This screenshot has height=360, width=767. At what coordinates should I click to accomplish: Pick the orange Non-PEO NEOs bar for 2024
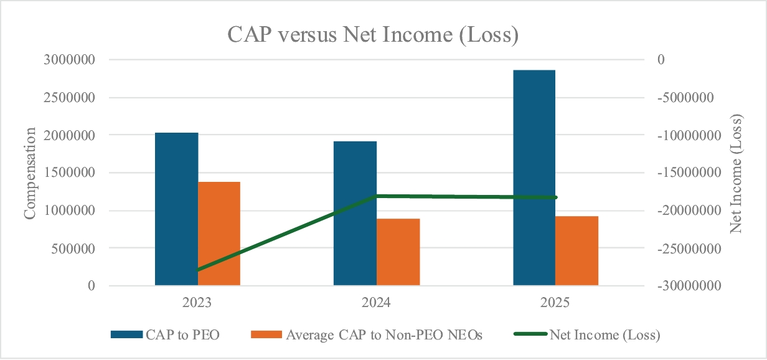click(398, 252)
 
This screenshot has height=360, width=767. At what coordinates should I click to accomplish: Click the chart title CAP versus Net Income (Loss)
click(373, 35)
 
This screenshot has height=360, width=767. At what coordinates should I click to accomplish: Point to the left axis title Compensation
click(29, 173)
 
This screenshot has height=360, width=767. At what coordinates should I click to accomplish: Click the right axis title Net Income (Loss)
click(736, 173)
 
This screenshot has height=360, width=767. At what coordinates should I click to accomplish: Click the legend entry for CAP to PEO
click(165, 335)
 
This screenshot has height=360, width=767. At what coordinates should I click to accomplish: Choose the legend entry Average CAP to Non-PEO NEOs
click(367, 335)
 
